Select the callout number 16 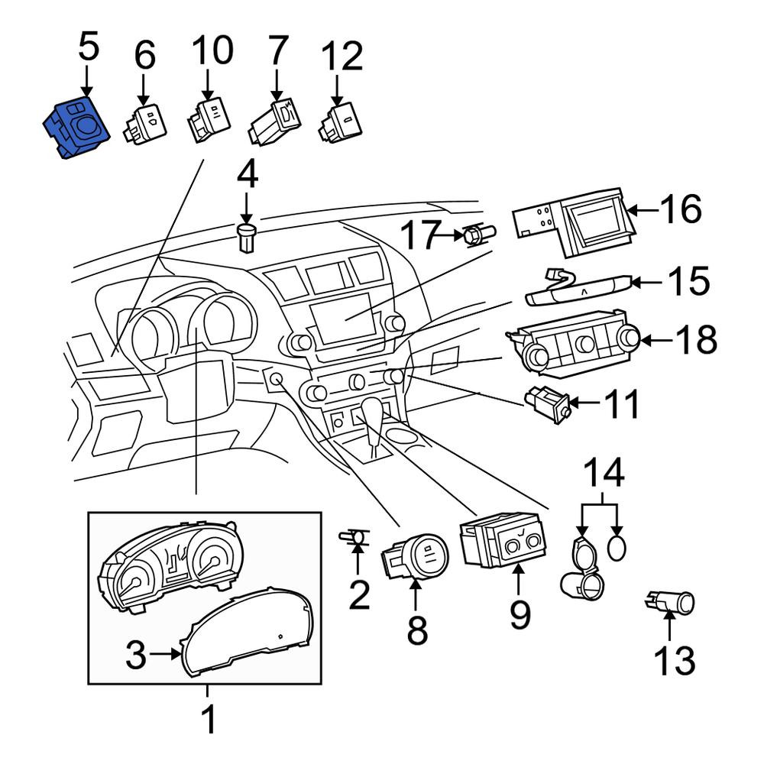coord(680,209)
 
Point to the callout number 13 coord(675,660)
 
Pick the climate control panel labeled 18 coord(574,344)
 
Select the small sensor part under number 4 coord(247,238)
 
